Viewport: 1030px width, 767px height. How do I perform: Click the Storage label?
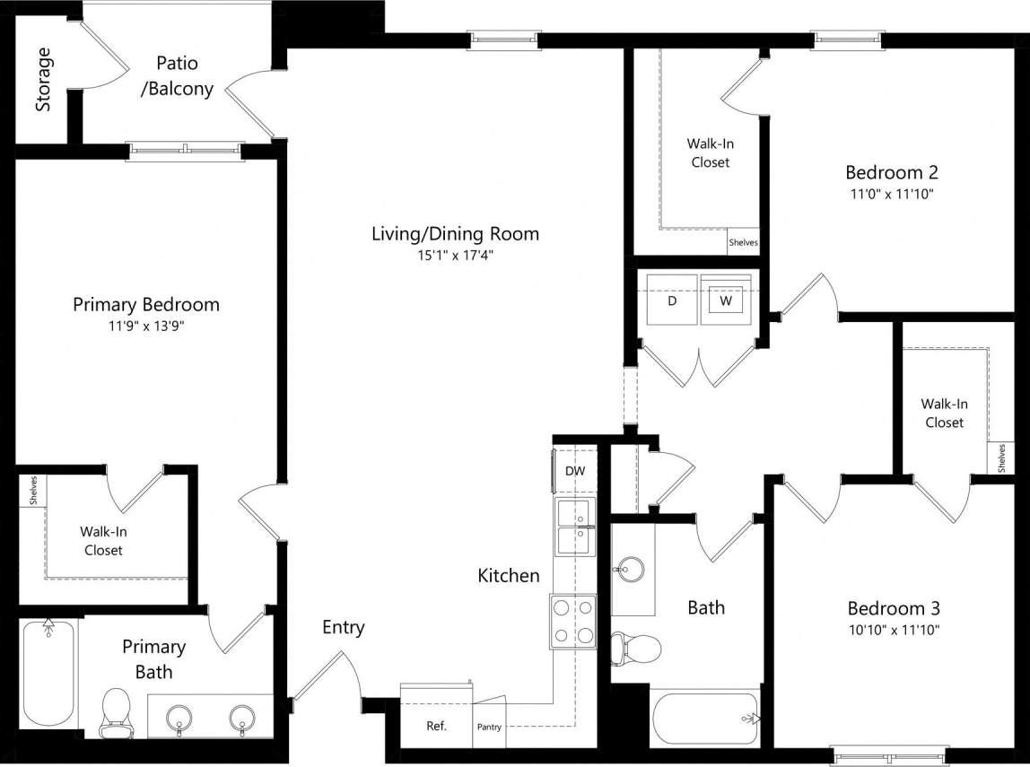(43, 80)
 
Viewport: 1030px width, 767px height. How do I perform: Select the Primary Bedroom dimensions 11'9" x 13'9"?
(145, 327)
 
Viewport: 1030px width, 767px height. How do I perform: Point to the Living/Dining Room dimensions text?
(454, 256)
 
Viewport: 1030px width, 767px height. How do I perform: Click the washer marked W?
(726, 301)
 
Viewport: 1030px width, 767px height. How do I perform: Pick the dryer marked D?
(671, 301)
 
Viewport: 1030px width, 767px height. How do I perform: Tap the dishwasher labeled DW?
(574, 471)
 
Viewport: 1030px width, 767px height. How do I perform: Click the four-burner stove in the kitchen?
(573, 621)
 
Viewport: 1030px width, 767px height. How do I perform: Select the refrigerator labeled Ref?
(436, 726)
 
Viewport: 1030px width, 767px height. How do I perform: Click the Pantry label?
(489, 727)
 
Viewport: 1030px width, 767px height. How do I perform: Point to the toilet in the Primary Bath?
(117, 711)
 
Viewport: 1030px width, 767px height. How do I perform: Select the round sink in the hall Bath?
(632, 569)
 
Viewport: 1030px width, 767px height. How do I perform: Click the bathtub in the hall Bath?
(705, 718)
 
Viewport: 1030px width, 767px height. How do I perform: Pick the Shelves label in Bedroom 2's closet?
(743, 242)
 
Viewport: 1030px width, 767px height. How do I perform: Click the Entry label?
(344, 627)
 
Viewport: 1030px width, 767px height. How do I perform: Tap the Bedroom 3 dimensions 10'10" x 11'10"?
(893, 630)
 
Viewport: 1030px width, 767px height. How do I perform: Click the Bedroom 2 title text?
(891, 172)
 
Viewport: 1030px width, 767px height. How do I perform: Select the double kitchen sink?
(573, 527)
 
